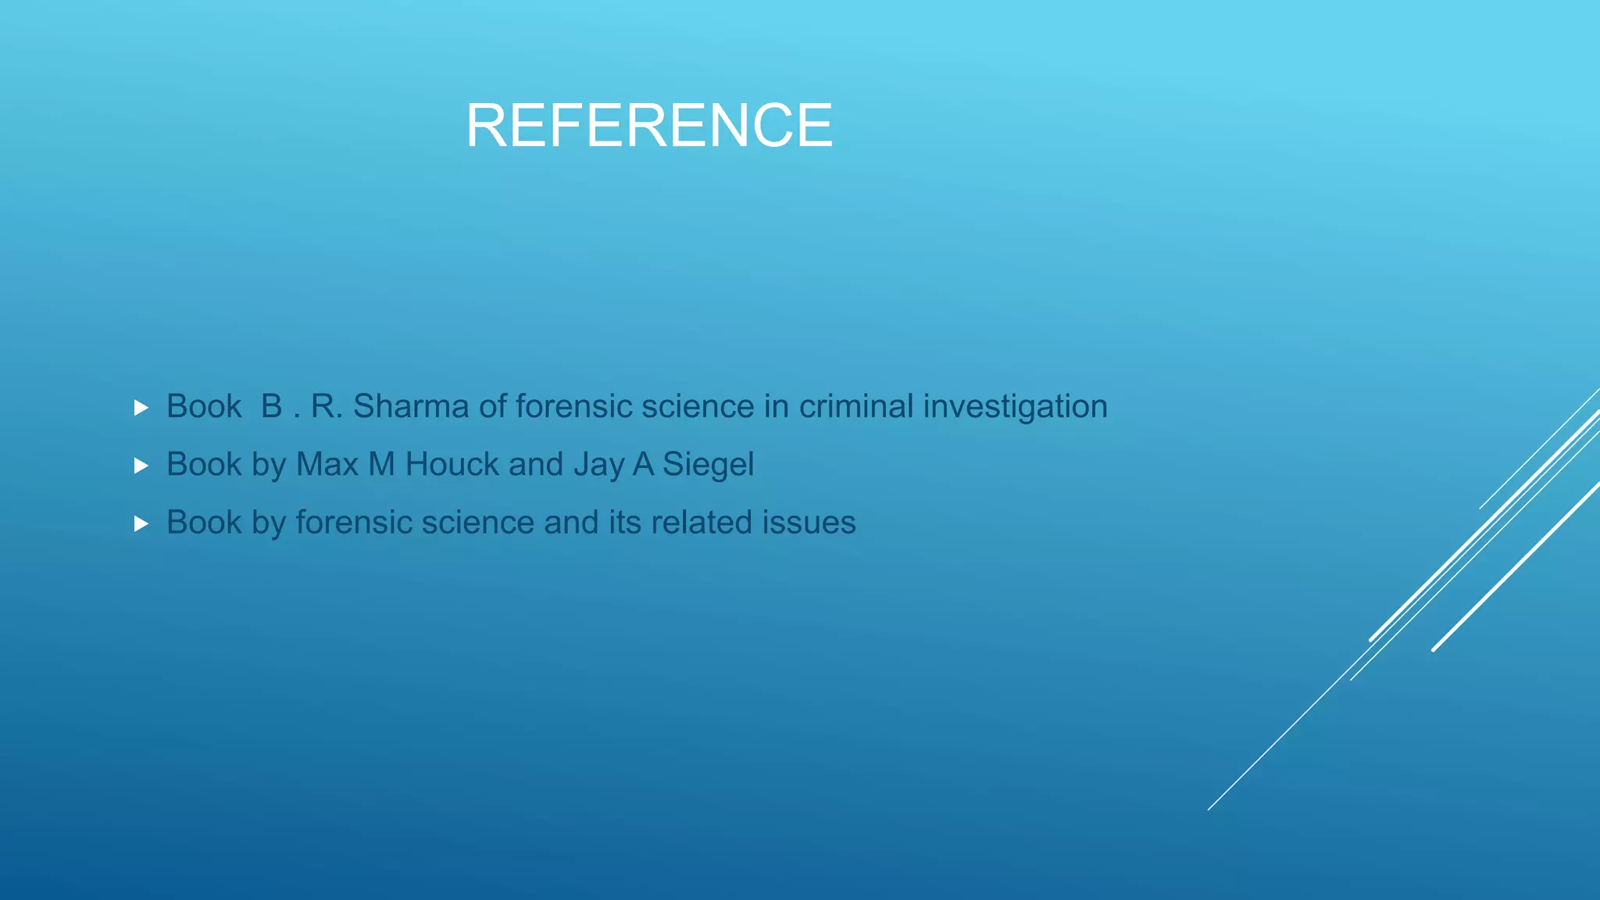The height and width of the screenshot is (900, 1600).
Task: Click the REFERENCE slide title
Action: (649, 126)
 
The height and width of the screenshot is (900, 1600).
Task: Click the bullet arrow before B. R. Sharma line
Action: (141, 408)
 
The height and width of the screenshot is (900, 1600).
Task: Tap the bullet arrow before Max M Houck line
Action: (141, 466)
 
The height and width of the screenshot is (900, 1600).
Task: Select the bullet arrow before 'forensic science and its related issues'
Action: (141, 523)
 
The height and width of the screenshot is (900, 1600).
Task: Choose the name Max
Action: (327, 464)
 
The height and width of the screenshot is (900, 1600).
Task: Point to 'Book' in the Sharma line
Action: (204, 406)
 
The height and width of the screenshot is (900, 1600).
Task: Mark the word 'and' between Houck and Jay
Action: (536, 464)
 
